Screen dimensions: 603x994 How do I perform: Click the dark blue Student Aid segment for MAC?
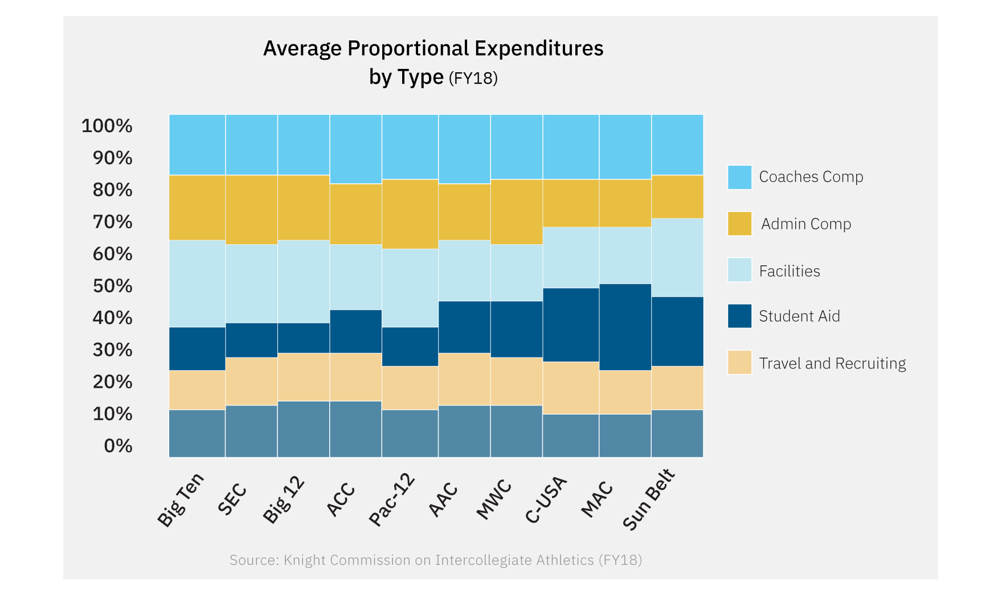tap(625, 327)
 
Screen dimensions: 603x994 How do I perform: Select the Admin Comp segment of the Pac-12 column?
tap(410, 214)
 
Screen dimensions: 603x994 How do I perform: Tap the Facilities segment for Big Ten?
tap(197, 284)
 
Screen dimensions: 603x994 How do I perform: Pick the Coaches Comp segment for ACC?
tap(355, 149)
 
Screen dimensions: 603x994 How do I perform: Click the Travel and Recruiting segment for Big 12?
tap(303, 377)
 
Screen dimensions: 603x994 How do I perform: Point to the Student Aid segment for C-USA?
tap(570, 325)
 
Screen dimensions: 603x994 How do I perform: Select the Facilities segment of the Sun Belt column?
tap(677, 257)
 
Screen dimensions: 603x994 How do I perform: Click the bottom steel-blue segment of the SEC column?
tap(251, 431)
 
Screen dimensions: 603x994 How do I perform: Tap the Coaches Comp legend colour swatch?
tap(739, 177)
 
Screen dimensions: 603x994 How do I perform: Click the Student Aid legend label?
tap(799, 316)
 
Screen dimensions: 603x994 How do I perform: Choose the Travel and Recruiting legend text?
tap(832, 363)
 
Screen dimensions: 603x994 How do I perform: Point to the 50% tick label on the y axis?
tap(113, 286)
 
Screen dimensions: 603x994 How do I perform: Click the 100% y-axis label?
tap(107, 126)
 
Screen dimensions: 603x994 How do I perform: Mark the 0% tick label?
tap(118, 446)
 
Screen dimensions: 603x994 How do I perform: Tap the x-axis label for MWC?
tap(494, 500)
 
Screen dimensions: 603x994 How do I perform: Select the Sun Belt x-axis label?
tap(649, 499)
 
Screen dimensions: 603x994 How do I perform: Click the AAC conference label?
tap(444, 499)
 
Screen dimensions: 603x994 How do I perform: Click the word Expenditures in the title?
tap(538, 48)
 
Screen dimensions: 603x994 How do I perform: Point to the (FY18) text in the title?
tap(473, 78)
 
